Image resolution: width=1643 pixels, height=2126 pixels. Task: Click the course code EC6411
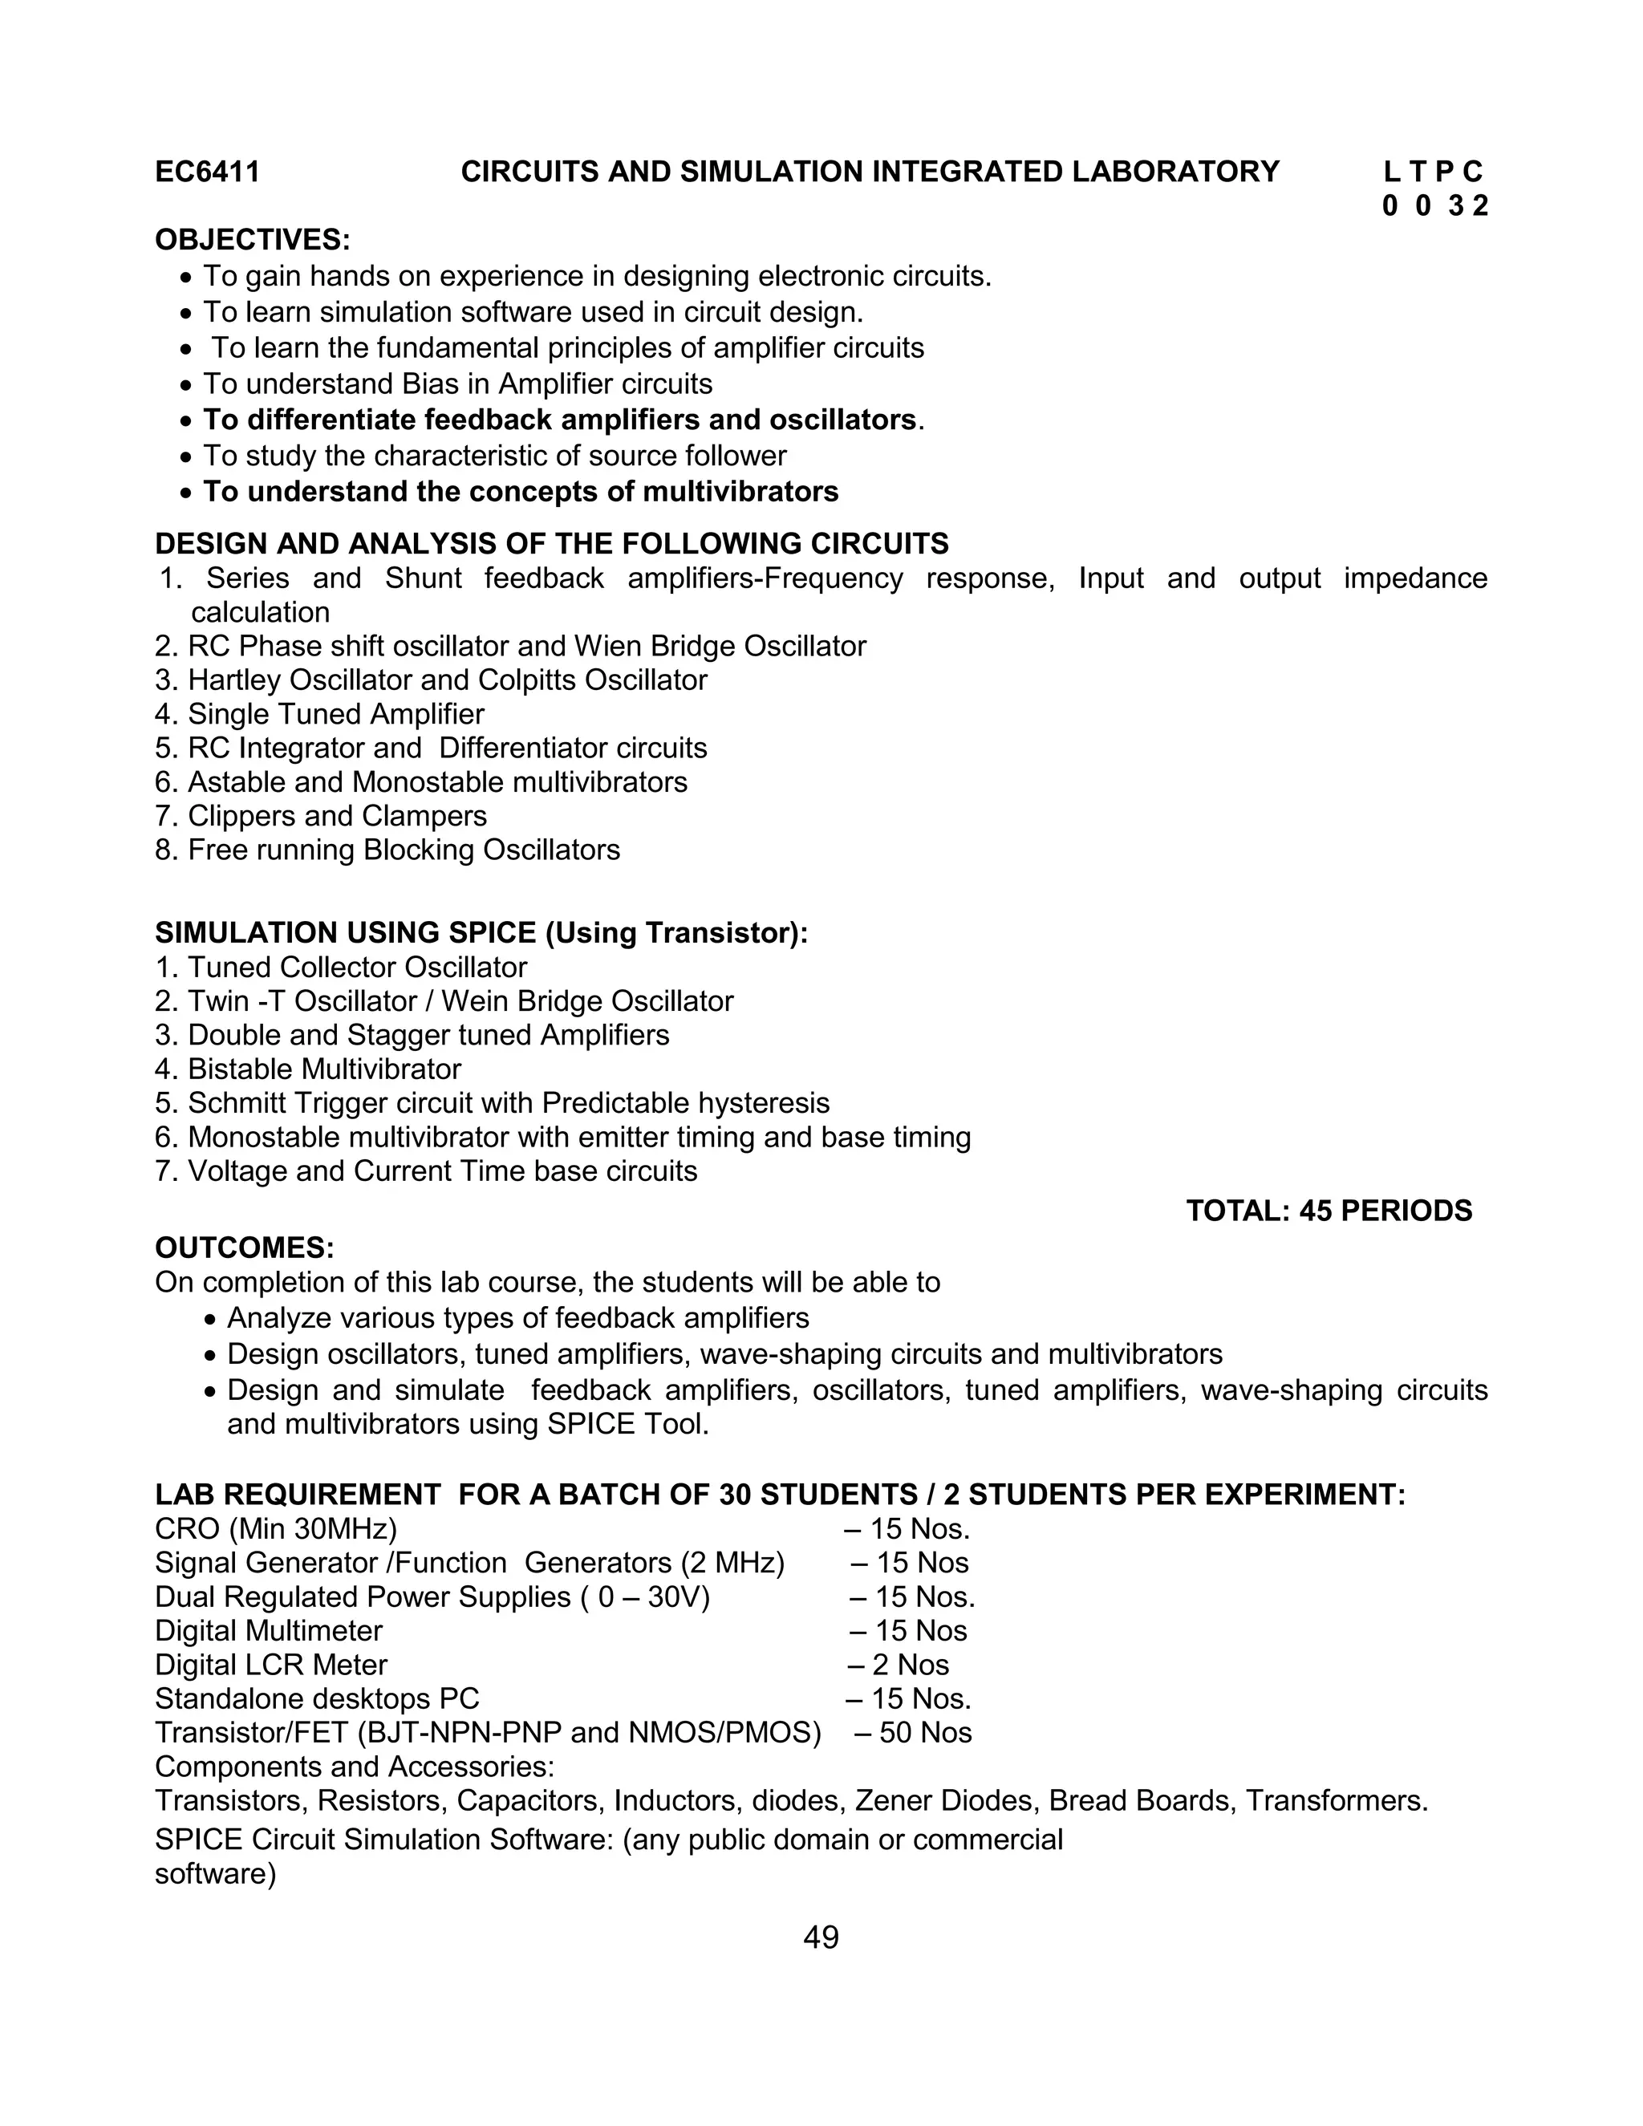coord(207,172)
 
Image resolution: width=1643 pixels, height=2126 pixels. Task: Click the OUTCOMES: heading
coord(245,1248)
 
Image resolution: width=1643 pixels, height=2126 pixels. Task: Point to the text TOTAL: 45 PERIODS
coord(1329,1211)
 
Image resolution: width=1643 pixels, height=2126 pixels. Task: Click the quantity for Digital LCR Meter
coord(899,1665)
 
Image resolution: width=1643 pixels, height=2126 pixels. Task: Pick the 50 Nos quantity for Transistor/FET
coord(915,1733)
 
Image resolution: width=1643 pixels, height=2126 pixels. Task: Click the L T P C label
coord(1433,172)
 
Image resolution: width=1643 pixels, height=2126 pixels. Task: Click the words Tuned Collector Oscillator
coord(357,968)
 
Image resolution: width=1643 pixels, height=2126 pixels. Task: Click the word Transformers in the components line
coord(1336,1801)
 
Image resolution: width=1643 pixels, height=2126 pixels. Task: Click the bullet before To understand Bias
coord(187,385)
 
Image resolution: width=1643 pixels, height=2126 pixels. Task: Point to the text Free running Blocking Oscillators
coord(403,850)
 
